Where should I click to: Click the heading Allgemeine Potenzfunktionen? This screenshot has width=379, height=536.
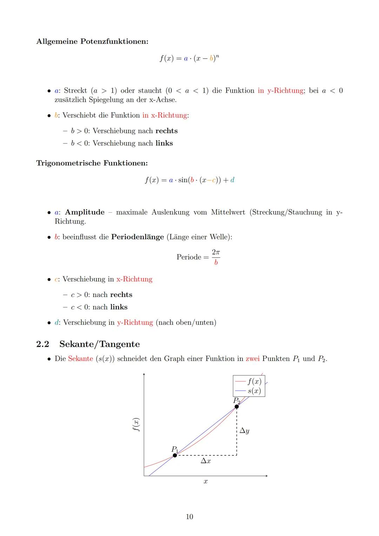tap(92, 41)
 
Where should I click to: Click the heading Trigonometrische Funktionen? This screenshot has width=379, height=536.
tap(92, 163)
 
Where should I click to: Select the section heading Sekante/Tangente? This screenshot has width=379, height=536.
tap(99, 344)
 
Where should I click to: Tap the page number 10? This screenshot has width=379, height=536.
tap(189, 517)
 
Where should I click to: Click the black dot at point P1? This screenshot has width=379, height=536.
tap(175, 455)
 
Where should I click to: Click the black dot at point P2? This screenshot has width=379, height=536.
tap(237, 406)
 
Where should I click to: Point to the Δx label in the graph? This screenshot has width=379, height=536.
tap(206, 461)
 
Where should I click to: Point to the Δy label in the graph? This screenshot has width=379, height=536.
tap(244, 431)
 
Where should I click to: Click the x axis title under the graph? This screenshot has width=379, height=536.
tap(206, 482)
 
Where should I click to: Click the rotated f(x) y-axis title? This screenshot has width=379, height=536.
tap(136, 425)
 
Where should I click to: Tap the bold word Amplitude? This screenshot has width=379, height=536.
tap(85, 212)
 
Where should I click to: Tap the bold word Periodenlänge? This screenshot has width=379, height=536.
tap(137, 237)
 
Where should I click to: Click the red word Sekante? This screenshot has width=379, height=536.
tap(80, 359)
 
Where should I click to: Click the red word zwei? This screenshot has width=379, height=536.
tap(252, 359)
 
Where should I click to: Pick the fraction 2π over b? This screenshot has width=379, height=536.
tap(216, 257)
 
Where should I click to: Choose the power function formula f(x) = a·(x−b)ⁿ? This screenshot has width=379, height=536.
tap(189, 58)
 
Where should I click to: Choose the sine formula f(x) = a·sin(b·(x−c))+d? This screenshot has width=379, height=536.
tap(189, 180)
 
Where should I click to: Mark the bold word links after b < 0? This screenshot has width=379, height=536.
tap(164, 143)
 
